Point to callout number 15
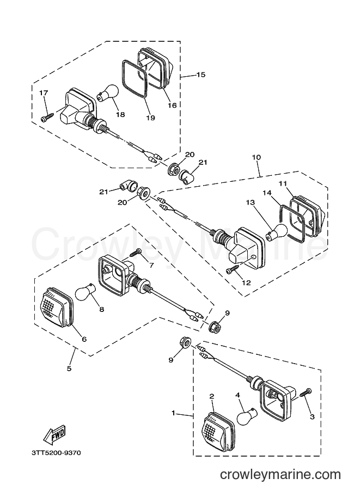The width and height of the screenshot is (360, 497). tap(201, 75)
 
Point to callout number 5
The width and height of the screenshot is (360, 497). tap(69, 369)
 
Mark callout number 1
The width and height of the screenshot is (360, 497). tap(173, 413)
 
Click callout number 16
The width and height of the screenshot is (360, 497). tap(172, 105)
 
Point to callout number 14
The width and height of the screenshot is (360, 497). tap(267, 193)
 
